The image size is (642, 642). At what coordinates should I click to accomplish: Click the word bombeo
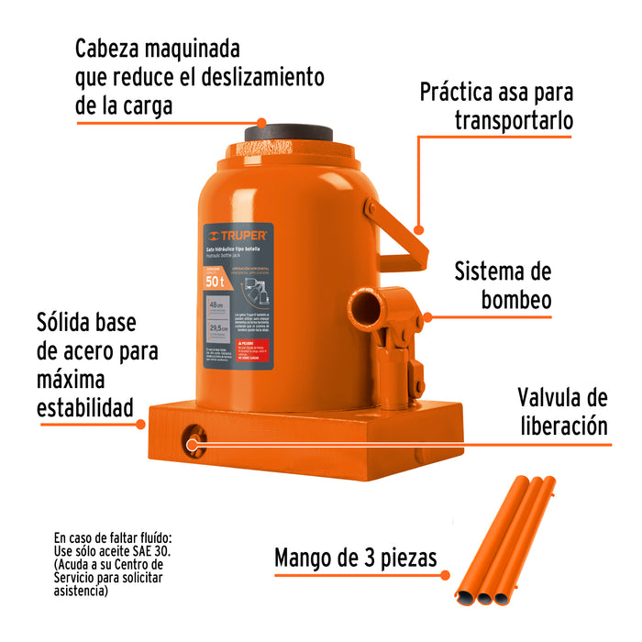coord(515,301)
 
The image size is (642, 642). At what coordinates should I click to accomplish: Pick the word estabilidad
coord(84,406)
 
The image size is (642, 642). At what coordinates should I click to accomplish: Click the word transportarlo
coord(514,121)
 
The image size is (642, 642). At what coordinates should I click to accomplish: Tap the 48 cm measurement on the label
coord(217,305)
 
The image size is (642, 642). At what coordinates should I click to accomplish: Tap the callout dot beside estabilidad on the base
coord(140,424)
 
